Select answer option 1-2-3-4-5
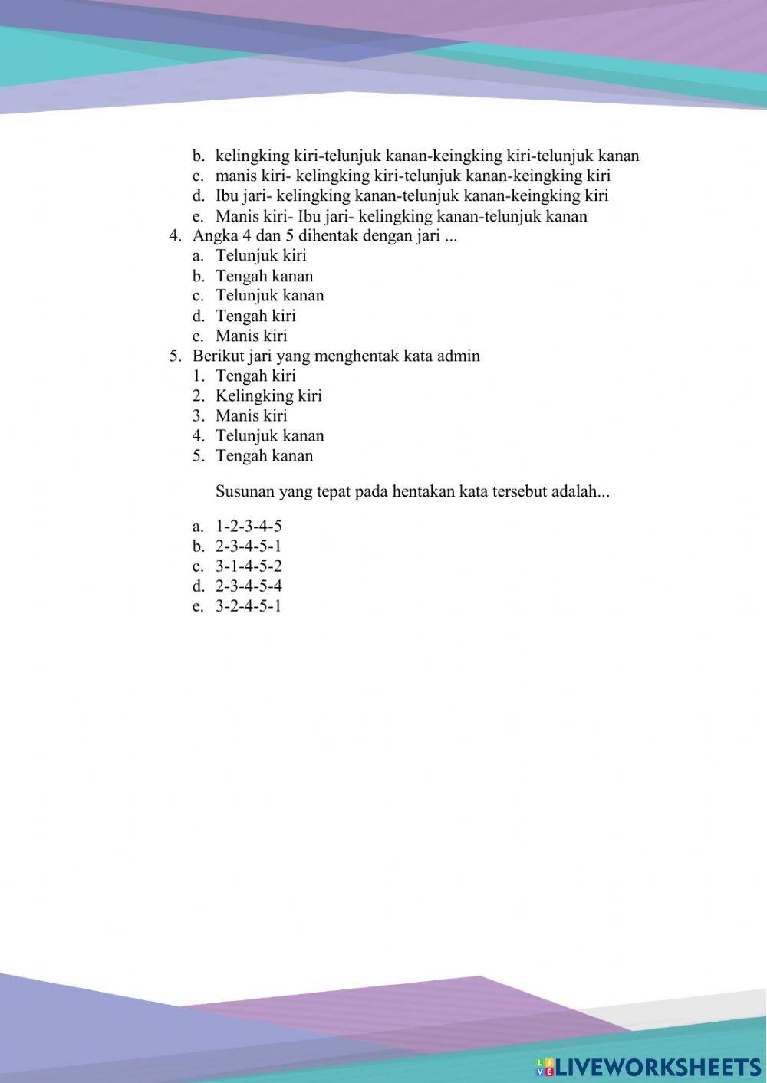tap(249, 527)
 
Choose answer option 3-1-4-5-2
tap(249, 566)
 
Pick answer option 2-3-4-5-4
tap(249, 586)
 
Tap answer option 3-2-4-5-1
tap(249, 606)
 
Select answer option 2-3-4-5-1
tap(249, 546)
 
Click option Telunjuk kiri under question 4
tap(261, 255)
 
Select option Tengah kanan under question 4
tap(264, 276)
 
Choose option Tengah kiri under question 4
tap(255, 316)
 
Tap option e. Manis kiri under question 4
tap(251, 336)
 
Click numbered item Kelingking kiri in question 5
tap(268, 395)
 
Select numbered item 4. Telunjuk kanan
tap(269, 435)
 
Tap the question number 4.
tap(174, 235)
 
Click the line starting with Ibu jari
tap(412, 195)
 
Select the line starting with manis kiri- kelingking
tap(413, 176)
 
